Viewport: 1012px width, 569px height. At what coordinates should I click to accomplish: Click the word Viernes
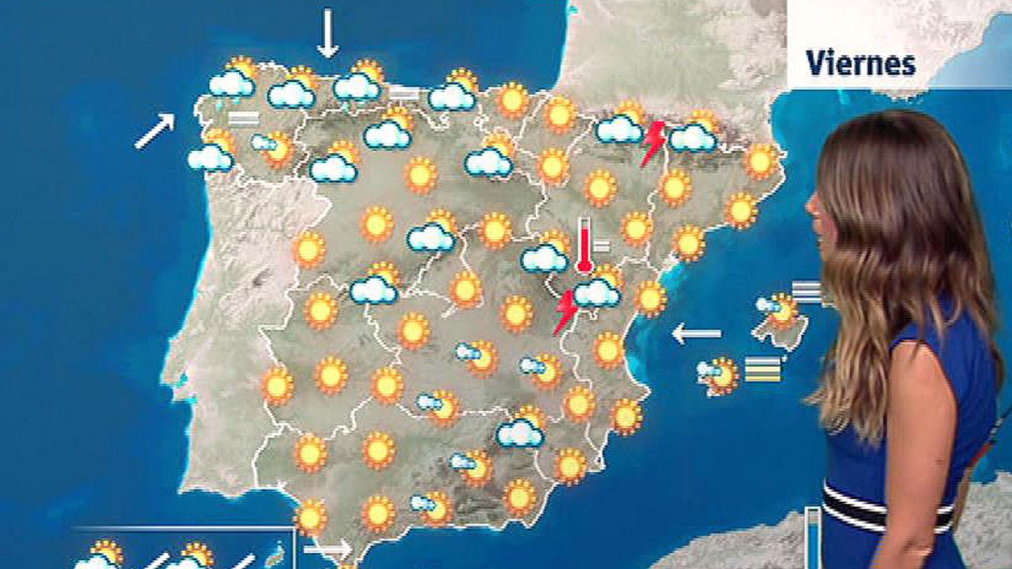[x=861, y=64]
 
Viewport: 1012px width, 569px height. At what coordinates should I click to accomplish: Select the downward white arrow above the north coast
[x=327, y=33]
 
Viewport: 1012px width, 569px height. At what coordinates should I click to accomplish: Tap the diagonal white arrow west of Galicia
[x=154, y=131]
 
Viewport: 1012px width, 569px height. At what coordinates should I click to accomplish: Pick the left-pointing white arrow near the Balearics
[x=696, y=333]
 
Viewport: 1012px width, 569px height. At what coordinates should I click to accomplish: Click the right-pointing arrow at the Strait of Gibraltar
[x=327, y=548]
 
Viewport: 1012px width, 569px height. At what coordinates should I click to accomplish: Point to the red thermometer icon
[x=584, y=246]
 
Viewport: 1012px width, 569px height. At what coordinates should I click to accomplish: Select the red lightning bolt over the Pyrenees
[x=653, y=143]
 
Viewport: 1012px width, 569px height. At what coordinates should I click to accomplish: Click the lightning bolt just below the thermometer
[x=565, y=311]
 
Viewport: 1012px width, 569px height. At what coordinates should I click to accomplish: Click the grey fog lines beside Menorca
[x=806, y=292]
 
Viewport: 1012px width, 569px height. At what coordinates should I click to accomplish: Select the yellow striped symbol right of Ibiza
[x=763, y=370]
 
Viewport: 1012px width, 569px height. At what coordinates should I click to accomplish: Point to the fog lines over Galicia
[x=244, y=118]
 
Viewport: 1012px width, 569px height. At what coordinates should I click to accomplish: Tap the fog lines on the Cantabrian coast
[x=404, y=94]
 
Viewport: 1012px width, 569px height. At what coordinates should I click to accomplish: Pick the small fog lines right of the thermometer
[x=602, y=245]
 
